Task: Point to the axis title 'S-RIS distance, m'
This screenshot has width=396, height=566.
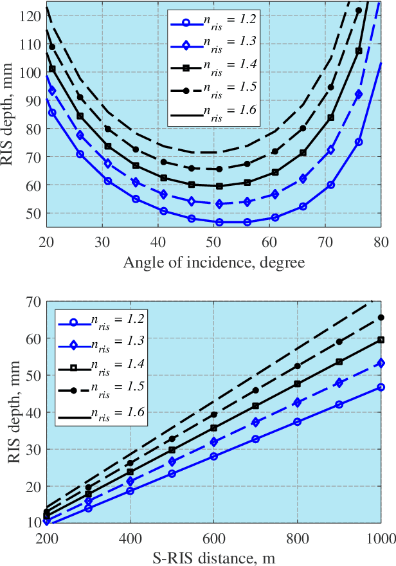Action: coord(213,558)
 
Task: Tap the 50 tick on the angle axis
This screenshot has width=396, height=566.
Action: coord(213,242)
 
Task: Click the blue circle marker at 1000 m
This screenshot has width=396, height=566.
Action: coord(381,387)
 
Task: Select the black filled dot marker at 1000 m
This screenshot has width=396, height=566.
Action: coord(381,317)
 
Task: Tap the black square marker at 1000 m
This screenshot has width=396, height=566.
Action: coord(381,340)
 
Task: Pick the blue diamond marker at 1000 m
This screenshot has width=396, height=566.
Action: coord(381,363)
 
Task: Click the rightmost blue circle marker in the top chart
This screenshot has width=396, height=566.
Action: coord(359,142)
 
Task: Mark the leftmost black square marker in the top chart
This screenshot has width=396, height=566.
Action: coord(52,69)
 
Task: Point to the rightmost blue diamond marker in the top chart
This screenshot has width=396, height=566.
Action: coord(359,95)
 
